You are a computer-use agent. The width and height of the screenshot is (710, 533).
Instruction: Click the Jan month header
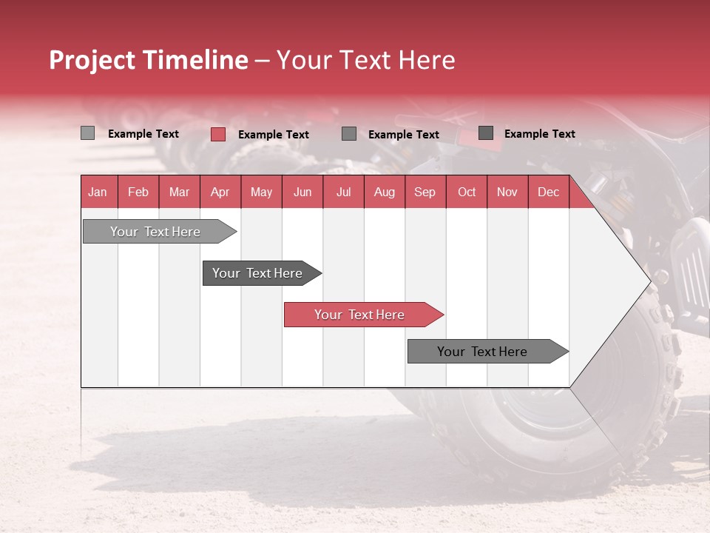[98, 192]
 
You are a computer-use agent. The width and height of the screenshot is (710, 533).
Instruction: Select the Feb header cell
[138, 192]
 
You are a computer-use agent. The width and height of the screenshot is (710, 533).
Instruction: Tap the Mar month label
[179, 192]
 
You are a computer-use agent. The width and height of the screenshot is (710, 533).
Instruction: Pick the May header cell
[261, 192]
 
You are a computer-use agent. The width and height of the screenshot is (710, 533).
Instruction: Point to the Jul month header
[343, 192]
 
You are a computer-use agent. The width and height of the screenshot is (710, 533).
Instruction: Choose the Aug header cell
[384, 192]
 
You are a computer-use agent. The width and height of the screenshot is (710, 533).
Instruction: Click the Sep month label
[425, 192]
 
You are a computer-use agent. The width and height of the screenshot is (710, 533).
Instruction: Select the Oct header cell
[467, 192]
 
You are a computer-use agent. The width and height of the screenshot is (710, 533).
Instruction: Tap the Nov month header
[507, 192]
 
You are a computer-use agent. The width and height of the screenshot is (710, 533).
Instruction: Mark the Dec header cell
[548, 192]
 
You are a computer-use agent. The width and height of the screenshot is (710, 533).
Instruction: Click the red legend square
[217, 134]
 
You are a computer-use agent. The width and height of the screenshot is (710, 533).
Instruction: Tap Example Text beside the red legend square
[273, 134]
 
